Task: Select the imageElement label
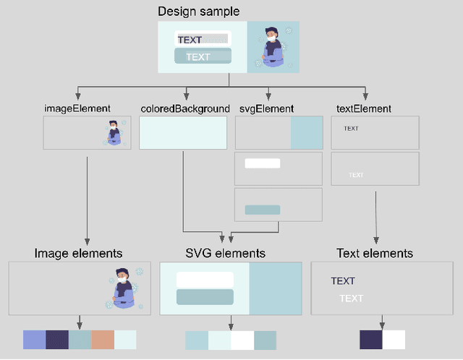(77, 108)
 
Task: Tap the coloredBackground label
(184, 108)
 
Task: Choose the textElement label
(364, 108)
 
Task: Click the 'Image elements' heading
(78, 253)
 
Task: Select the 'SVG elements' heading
(226, 253)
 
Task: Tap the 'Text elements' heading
(375, 253)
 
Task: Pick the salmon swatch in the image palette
(102, 340)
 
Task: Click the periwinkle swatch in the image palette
(34, 340)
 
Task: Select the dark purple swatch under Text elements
(371, 340)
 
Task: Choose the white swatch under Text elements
(394, 340)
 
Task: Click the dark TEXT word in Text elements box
(343, 281)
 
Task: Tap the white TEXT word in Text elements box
(351, 299)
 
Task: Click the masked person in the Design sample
(272, 47)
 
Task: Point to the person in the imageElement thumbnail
(114, 133)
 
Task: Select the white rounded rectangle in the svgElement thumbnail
(262, 163)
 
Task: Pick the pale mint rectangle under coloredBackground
(183, 133)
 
